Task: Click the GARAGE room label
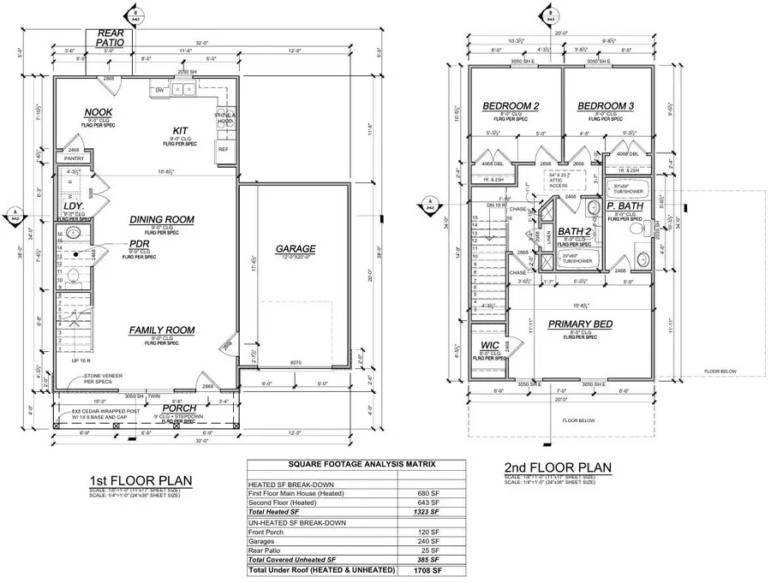pyautogui.click(x=296, y=250)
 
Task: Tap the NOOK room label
pyautogui.click(x=98, y=113)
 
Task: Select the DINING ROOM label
pyautogui.click(x=162, y=220)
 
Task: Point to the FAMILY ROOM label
pyautogui.click(x=162, y=330)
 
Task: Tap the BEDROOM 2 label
pyautogui.click(x=511, y=106)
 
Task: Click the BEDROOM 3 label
pyautogui.click(x=605, y=106)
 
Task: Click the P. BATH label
pyautogui.click(x=624, y=206)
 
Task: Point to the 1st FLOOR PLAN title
pyautogui.click(x=140, y=479)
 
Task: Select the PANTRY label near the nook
pyautogui.click(x=73, y=158)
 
